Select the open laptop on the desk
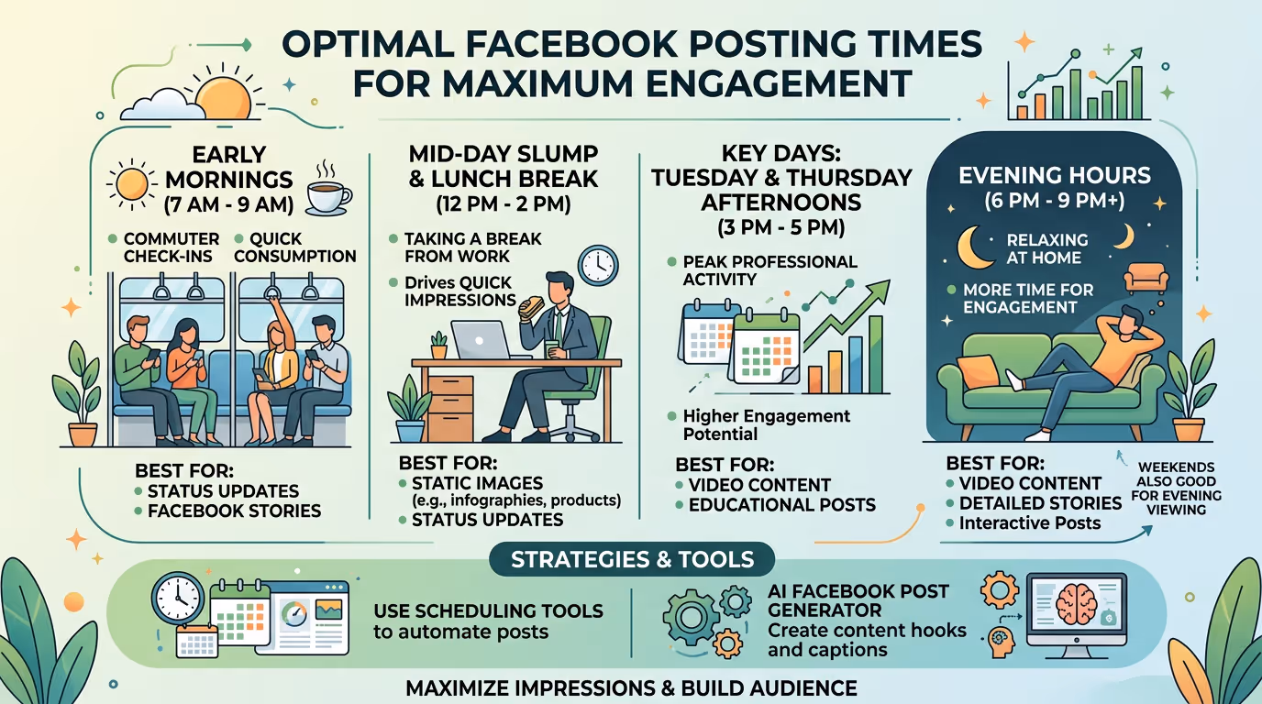click(x=480, y=341)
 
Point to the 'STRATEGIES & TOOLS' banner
click(x=631, y=559)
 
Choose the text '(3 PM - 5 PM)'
click(x=781, y=225)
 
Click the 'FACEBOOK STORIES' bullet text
click(x=234, y=511)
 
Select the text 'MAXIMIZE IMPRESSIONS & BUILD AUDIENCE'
click(x=631, y=688)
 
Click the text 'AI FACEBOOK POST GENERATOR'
click(x=858, y=599)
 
